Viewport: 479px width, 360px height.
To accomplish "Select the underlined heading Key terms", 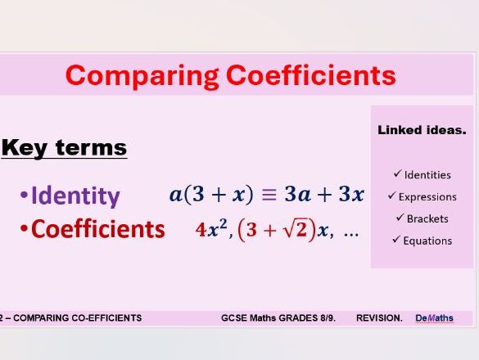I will click(x=64, y=148).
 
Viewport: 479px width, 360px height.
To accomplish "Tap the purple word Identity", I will click(x=75, y=196).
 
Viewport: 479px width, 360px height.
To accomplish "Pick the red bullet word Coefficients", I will click(x=97, y=229).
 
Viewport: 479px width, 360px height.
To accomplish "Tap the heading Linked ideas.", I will click(x=422, y=130).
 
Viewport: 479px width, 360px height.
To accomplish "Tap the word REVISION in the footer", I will click(x=379, y=317).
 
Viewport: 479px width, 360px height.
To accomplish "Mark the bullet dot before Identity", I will click(x=24, y=197).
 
